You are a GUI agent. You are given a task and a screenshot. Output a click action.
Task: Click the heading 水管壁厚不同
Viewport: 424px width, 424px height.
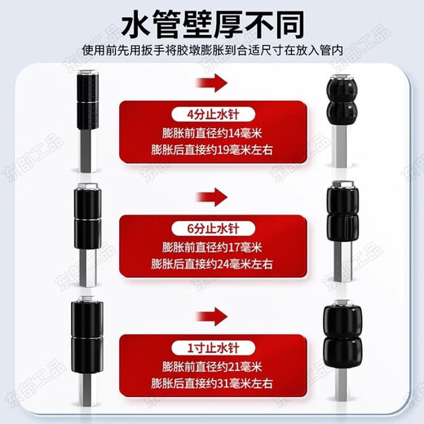tap(211, 23)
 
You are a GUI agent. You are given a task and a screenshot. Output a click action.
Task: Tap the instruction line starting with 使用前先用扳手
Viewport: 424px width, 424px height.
tap(211, 51)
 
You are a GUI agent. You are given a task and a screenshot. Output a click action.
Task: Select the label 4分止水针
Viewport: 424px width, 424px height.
tap(214, 113)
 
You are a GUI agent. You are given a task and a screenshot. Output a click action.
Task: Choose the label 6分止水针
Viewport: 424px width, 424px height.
tap(214, 224)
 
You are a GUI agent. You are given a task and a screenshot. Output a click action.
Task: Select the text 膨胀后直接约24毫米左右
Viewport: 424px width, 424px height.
tap(214, 263)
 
